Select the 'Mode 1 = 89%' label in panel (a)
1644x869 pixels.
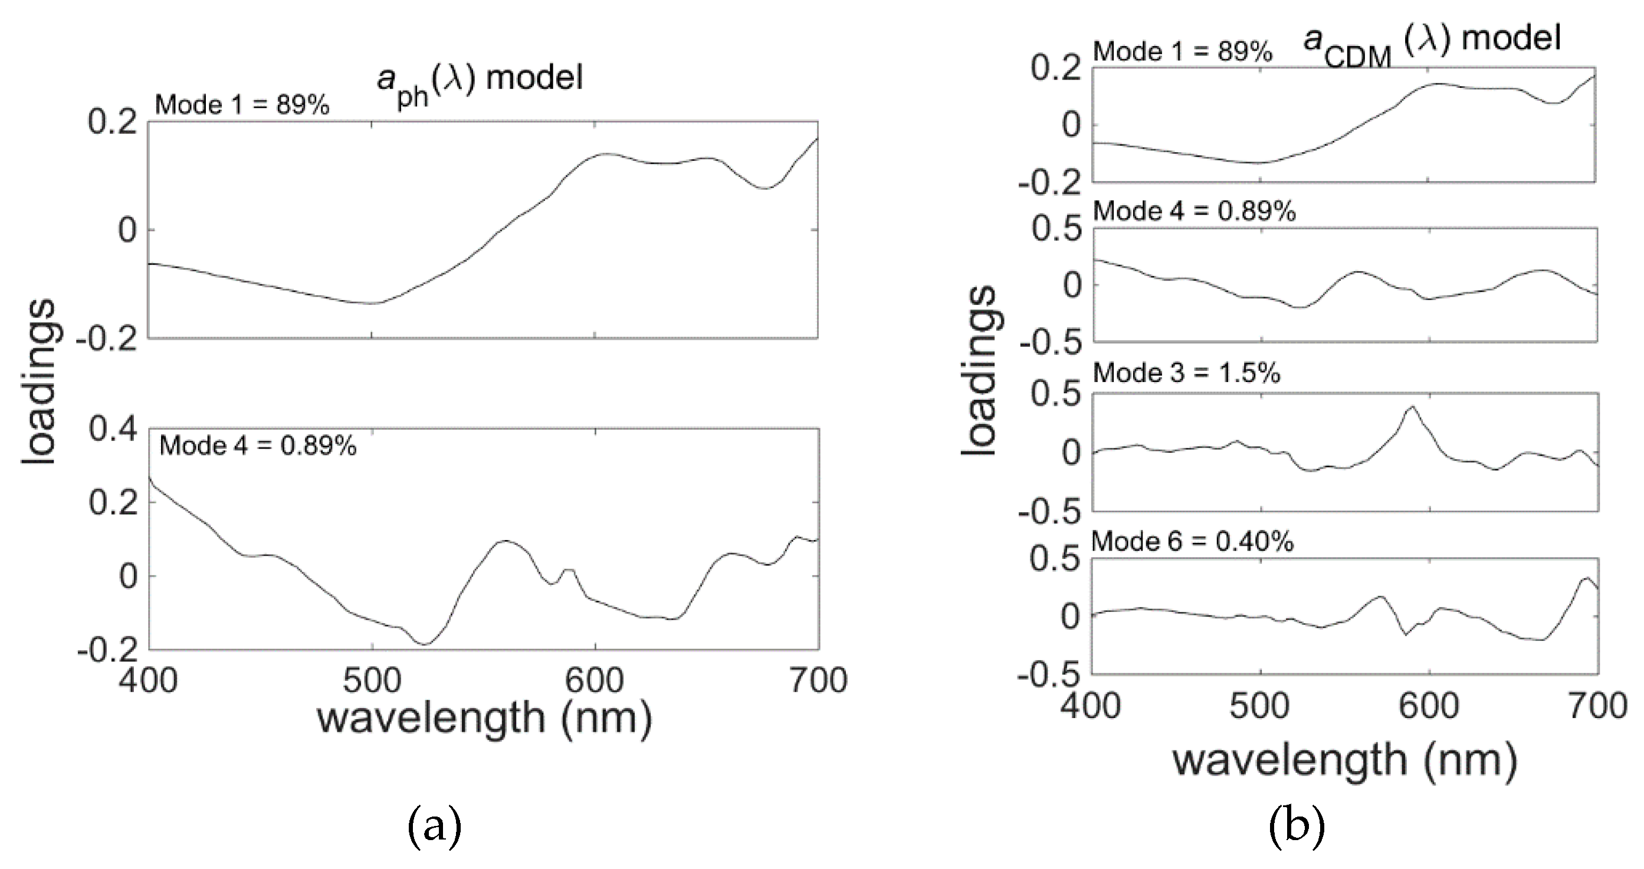[x=242, y=104]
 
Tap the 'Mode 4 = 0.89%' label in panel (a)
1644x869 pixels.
[x=257, y=445]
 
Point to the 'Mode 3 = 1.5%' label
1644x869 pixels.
[x=1186, y=373]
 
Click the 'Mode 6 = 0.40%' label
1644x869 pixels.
[x=1192, y=542]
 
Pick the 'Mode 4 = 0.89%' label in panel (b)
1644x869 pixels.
[x=1194, y=210]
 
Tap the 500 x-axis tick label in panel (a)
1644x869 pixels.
[x=372, y=680]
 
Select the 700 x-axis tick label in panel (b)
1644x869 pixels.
[x=1597, y=706]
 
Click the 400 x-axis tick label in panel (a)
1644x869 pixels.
[x=148, y=680]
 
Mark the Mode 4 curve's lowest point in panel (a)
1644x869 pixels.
[x=424, y=644]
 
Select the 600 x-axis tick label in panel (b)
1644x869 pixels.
[x=1429, y=706]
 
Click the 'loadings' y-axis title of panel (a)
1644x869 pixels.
[x=40, y=383]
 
